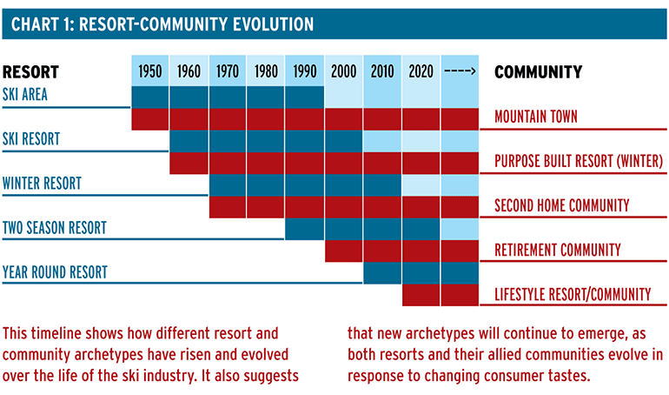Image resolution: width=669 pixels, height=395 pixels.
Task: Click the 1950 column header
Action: (x=150, y=71)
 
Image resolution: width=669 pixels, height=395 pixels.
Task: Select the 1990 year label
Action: (x=305, y=71)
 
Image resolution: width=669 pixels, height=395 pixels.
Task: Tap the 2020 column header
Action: (x=421, y=71)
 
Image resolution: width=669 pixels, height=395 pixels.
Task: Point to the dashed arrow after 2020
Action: (x=460, y=70)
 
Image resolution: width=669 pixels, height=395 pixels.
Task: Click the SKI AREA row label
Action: (x=24, y=94)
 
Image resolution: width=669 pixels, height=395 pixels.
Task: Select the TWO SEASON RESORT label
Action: (x=55, y=228)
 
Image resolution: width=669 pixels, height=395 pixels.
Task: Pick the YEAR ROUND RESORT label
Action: (x=55, y=272)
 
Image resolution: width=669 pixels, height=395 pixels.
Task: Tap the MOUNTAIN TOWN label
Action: (x=536, y=117)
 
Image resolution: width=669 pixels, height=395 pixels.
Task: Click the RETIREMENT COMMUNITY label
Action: (x=558, y=250)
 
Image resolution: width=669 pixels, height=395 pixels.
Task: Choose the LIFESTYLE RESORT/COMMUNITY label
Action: (x=573, y=294)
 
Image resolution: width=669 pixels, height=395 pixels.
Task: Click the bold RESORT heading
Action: (x=30, y=71)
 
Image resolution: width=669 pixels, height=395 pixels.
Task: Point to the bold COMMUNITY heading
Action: (x=538, y=71)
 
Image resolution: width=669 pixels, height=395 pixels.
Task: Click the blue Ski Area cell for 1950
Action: (x=150, y=97)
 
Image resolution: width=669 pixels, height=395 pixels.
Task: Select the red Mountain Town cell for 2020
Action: (x=421, y=119)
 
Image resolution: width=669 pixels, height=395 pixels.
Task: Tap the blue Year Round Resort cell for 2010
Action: (x=382, y=273)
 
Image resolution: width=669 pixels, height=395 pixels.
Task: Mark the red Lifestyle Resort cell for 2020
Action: (x=421, y=295)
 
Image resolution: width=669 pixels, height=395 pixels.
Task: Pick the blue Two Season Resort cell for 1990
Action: (x=305, y=229)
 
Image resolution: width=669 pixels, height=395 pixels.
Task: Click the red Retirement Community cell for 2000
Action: (x=343, y=251)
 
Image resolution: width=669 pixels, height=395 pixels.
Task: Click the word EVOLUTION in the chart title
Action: (x=274, y=23)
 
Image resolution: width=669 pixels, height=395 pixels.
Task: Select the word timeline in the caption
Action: (x=56, y=333)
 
